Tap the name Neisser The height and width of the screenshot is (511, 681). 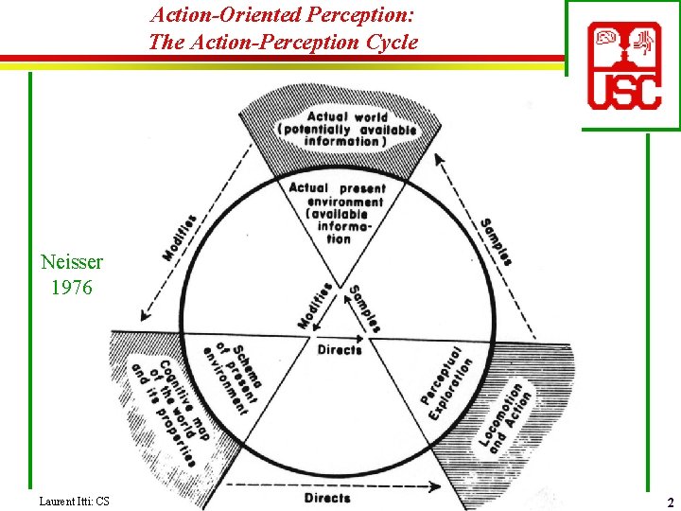(72, 262)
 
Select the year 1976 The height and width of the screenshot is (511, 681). (72, 287)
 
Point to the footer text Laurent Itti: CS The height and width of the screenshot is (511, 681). (75, 500)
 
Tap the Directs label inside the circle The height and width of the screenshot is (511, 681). (340, 350)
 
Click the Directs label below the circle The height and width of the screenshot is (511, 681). (327, 497)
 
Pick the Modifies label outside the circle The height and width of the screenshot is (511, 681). (180, 238)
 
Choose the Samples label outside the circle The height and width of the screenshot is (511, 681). (496, 240)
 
